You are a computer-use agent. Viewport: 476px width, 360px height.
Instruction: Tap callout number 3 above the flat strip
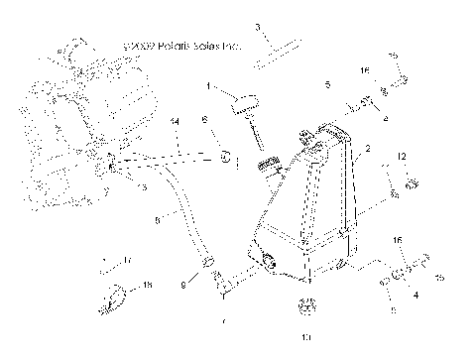click(257, 27)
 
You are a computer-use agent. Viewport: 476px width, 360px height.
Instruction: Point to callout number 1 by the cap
click(207, 87)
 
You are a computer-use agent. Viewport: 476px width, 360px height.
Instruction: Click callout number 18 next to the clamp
click(148, 285)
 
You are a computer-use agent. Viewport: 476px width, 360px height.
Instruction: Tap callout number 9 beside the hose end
click(183, 285)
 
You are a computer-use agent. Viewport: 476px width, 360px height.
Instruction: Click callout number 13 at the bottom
click(304, 337)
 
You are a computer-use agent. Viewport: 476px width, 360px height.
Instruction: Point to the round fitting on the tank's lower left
click(268, 263)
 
